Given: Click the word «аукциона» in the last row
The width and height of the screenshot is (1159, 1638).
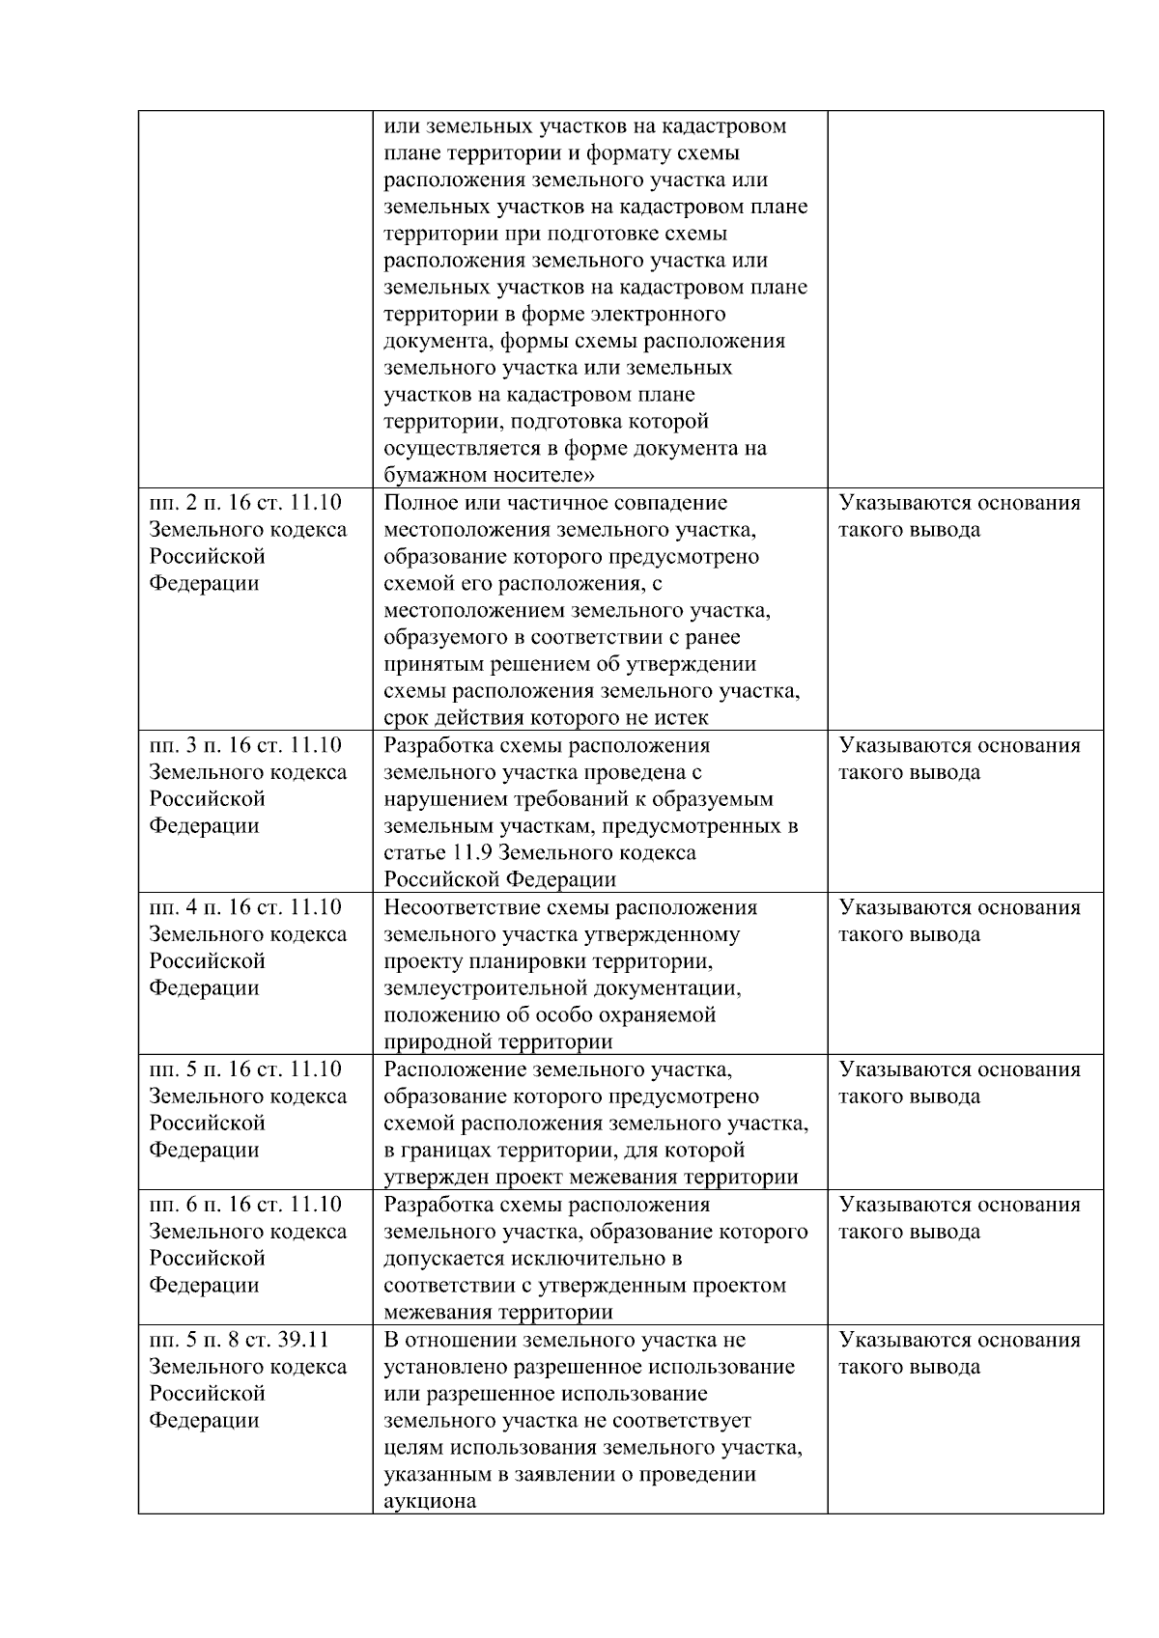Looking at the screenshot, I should (430, 1502).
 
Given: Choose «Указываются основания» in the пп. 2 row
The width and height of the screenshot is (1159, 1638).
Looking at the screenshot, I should (959, 503).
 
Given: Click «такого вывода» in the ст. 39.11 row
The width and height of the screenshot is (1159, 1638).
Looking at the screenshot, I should (909, 1367).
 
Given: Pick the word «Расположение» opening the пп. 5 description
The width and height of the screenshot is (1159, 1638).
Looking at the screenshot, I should (455, 1069).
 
